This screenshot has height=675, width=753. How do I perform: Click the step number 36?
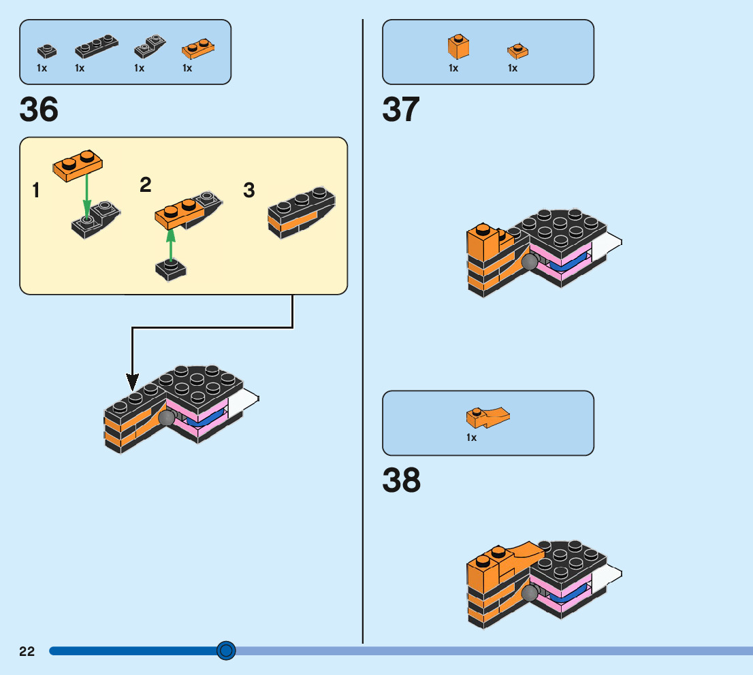coord(39,110)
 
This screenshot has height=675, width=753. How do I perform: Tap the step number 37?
coord(401,110)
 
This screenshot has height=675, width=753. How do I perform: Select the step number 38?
coord(401,480)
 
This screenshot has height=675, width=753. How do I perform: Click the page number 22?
coord(27,651)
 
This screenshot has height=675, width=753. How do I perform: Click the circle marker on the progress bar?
coord(226,651)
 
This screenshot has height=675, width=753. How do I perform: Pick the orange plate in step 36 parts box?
coord(198,48)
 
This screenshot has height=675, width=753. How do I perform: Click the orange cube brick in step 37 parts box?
coord(458,46)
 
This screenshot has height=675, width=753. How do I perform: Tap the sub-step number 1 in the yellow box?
coord(36,191)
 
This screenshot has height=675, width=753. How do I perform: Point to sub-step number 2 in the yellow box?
coord(145,184)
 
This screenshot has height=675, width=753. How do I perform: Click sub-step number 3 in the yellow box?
coord(249,191)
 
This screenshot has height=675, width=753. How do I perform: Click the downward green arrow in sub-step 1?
coord(86,194)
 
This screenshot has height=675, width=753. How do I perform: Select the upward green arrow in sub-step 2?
coord(171,244)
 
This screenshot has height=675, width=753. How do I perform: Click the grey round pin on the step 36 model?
coord(166,418)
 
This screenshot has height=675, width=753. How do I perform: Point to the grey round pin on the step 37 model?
coord(528,263)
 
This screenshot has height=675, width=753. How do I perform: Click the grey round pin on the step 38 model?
coord(528,593)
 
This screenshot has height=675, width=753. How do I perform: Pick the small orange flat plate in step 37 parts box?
coord(517,50)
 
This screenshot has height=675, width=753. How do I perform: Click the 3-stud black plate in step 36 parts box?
coord(96,47)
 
